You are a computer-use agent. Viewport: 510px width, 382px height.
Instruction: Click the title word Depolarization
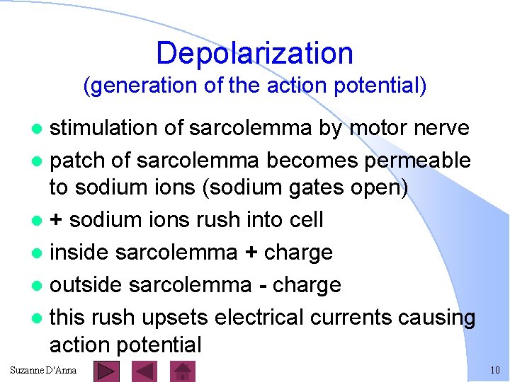254,53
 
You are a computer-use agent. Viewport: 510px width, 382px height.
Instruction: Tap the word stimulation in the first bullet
108,128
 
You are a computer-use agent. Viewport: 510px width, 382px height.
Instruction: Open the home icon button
183,371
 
